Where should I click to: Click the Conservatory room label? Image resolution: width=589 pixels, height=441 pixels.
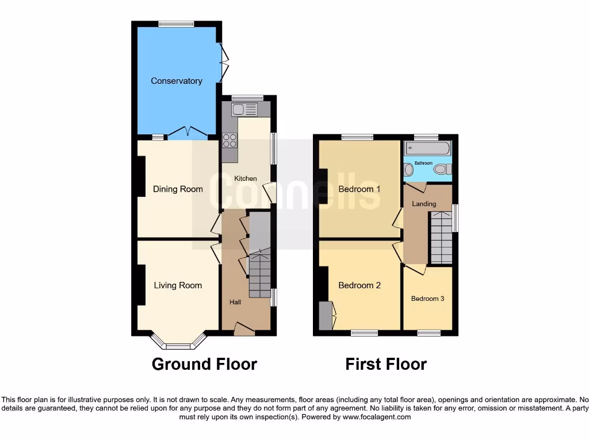tap(176, 81)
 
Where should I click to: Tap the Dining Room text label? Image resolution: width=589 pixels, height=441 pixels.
tap(178, 189)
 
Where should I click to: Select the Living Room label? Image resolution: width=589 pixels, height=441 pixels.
tap(178, 285)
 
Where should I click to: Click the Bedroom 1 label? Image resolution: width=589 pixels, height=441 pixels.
tap(359, 189)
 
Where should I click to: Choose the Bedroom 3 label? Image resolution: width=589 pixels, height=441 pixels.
tap(427, 299)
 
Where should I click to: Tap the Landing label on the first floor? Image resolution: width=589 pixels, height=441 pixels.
tap(424, 204)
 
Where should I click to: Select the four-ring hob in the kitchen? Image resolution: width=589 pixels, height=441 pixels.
tap(230, 140)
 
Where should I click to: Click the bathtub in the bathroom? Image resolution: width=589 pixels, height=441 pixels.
tap(427, 149)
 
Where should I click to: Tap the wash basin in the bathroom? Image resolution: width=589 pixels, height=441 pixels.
tap(408, 169)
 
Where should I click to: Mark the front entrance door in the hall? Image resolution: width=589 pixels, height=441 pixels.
tap(244, 329)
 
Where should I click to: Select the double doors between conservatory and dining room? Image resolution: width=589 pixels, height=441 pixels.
tap(188, 133)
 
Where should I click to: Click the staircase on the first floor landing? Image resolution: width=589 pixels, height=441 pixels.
tap(441, 237)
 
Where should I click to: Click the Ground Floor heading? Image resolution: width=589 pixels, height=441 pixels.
tap(204, 364)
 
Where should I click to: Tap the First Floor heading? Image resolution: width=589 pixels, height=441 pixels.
tap(386, 364)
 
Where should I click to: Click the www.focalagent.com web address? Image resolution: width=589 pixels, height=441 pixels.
tap(376, 417)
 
